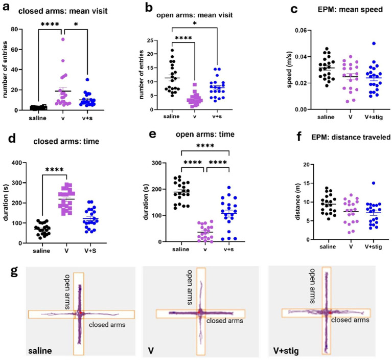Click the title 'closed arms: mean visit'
pos(63,11)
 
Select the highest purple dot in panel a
pos(63,39)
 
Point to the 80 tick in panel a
pos(15,29)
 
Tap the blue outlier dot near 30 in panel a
pos(87,80)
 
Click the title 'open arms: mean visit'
pos(195,15)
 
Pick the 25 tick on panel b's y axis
pos(150,40)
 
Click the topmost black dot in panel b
pos(172,50)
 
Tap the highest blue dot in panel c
pos(374,43)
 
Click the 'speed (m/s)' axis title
pos(289,70)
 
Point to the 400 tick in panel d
pos(17,163)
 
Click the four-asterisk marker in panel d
pos(55,170)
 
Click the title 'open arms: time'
pos(205,134)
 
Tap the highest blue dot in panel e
pos(229,187)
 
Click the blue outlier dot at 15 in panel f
pos(374,183)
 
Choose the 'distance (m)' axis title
pos(297,202)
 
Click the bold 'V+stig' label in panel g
pos(286,351)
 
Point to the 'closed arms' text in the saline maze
pos(107,325)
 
